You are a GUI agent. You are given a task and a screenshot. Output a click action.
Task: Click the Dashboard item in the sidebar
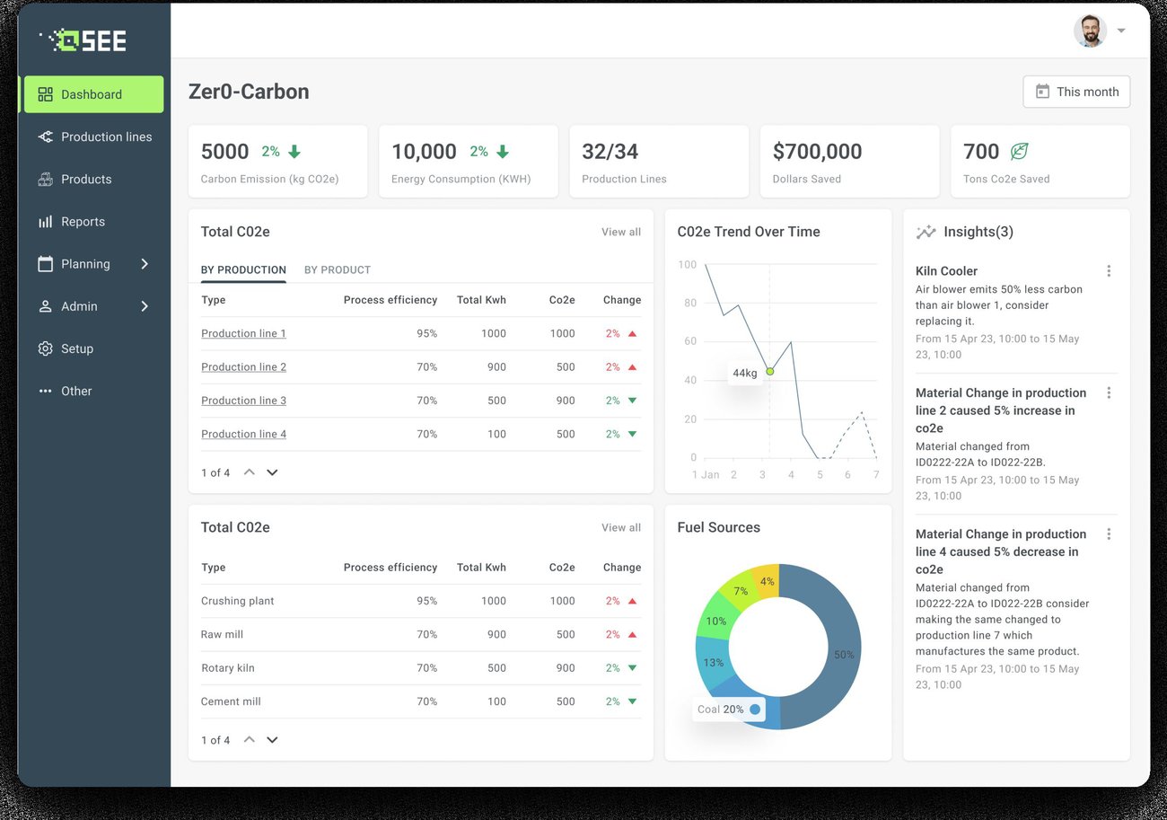[93, 94]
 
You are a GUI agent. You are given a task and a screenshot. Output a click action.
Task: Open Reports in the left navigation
[83, 222]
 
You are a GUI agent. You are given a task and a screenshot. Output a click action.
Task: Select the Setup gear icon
[45, 348]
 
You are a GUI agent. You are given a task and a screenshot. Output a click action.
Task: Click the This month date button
[1076, 92]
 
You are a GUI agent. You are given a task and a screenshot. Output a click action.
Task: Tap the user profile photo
[1090, 31]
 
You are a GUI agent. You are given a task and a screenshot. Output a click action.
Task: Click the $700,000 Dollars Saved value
[817, 151]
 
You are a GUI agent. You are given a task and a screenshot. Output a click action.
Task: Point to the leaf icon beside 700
[1019, 151]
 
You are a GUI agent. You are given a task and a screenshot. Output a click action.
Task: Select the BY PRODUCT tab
[337, 269]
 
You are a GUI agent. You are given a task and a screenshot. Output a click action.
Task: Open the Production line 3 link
[243, 401]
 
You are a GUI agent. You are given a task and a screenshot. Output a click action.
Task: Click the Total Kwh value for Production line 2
[496, 367]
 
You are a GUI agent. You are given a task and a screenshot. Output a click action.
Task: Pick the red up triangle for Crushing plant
[633, 601]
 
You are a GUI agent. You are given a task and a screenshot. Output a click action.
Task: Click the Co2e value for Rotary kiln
[566, 668]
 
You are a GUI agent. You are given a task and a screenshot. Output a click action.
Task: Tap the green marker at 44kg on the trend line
[770, 372]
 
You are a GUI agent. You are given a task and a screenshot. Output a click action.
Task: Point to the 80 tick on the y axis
[689, 303]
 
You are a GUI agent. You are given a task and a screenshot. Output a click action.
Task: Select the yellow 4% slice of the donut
[767, 581]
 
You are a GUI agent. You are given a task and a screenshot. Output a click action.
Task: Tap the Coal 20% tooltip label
[721, 709]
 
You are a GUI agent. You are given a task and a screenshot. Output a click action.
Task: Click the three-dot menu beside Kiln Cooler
[1109, 270]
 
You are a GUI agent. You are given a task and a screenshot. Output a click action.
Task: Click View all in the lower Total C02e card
[621, 527]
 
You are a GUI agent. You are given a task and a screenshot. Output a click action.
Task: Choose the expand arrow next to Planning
[145, 264]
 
